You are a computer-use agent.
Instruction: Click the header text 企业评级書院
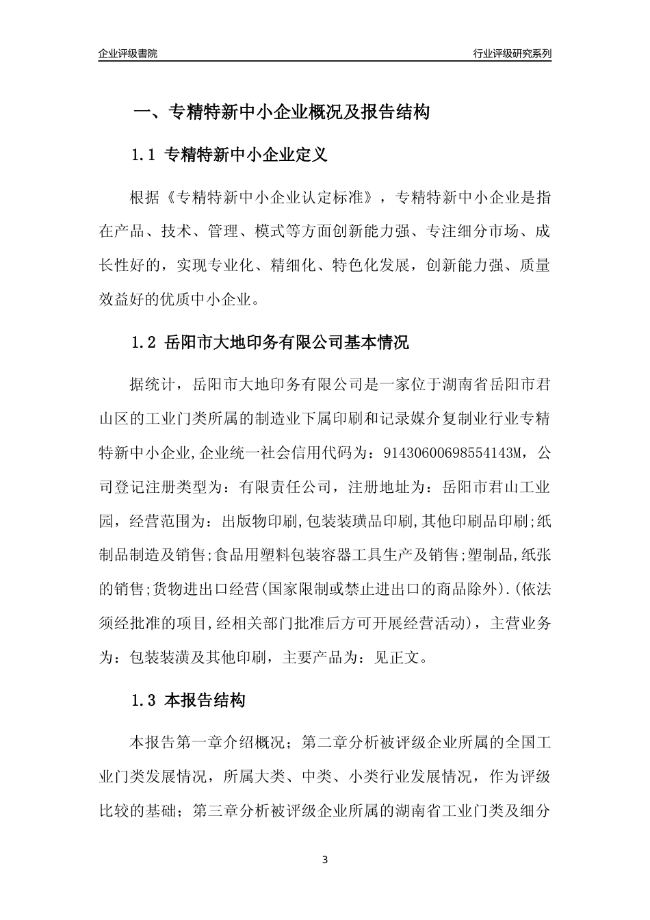click(x=128, y=53)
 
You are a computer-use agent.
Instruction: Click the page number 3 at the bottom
click(x=325, y=860)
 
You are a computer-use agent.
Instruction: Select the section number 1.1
click(x=144, y=155)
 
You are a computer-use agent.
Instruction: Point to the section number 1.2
click(x=144, y=343)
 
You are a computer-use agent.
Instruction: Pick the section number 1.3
click(x=144, y=701)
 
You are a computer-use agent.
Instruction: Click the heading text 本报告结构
click(x=205, y=701)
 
